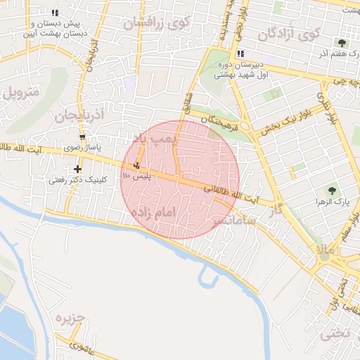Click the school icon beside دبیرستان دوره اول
240,53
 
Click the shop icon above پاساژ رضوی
83,137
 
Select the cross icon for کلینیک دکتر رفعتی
77,169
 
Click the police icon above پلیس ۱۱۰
136,165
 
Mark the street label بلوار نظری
331,109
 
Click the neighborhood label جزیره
70,319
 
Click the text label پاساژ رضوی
83,148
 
